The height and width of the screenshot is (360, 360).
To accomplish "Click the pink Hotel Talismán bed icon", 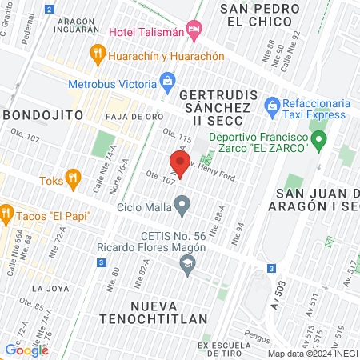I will (193, 30).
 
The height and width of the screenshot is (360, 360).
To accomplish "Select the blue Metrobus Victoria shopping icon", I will (167, 79).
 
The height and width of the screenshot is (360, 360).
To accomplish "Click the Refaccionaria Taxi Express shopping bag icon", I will (271, 105).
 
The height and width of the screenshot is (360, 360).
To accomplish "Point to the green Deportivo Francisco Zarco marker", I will (319, 143).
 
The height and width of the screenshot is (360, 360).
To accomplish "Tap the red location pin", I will (181, 164).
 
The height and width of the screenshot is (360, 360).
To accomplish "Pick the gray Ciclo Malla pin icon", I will (182, 208).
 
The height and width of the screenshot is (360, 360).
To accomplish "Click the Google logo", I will (26, 350).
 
